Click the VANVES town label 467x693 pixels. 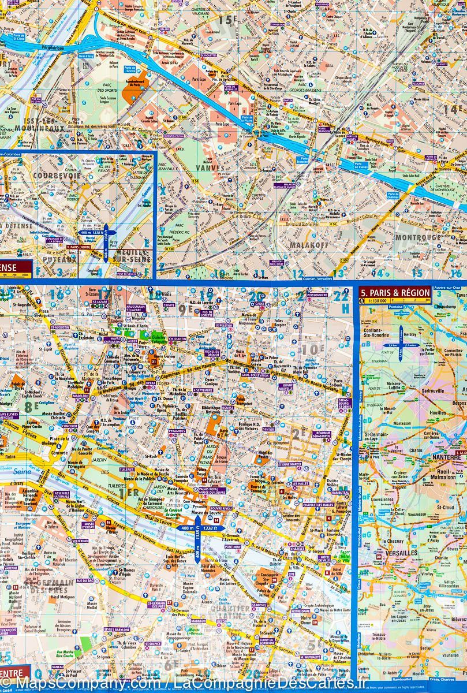pos(210,167)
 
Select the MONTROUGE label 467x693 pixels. pos(418,237)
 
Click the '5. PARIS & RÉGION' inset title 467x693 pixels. pos(395,293)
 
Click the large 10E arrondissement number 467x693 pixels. pos(312,349)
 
